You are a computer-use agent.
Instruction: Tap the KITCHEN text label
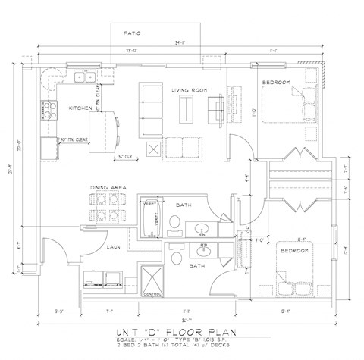coord(80,108)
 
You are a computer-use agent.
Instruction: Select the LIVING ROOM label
coord(188,90)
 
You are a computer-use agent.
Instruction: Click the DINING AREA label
coord(107,186)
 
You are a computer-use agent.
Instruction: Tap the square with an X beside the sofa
coord(152,149)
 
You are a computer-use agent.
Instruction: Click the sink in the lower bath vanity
coord(202,249)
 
